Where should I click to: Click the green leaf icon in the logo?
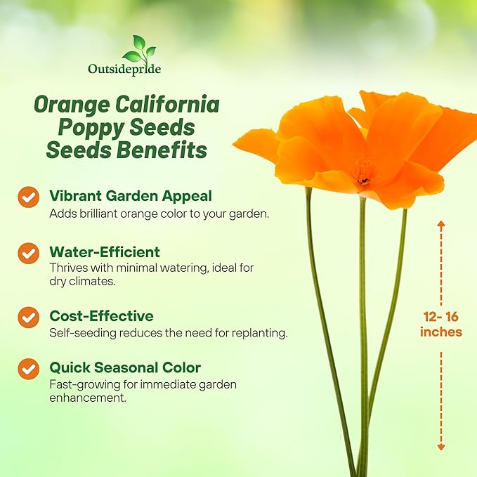pos(136,49)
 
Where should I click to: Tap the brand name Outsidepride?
pos(125,70)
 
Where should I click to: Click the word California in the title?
pos(168,105)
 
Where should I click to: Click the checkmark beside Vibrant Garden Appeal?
pos(29,197)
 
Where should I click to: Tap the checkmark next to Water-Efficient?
pos(29,253)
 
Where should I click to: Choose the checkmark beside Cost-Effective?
pos(29,317)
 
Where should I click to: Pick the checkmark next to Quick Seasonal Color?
pos(29,368)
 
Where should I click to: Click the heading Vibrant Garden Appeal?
pos(130,196)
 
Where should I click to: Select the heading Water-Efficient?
pos(105,251)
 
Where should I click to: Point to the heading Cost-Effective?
pos(101,316)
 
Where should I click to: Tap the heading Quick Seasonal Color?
pos(125,367)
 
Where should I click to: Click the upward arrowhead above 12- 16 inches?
pos(441,225)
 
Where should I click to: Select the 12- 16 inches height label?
pos(441,324)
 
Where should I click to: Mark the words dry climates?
pos(82,280)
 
